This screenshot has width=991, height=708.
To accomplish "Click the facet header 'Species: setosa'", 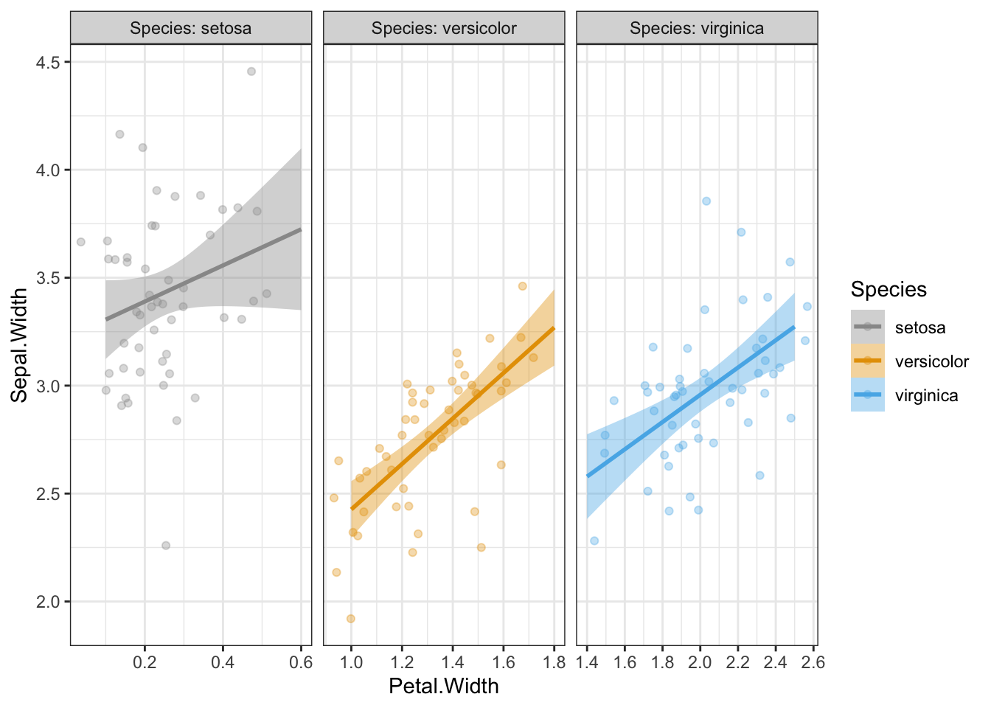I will pyautogui.click(x=190, y=29).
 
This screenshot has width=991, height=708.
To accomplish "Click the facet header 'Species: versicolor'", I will pyautogui.click(x=444, y=29).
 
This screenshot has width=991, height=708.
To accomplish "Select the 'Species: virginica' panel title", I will pyautogui.click(x=696, y=29).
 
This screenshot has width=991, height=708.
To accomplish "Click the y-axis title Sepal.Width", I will pyautogui.click(x=20, y=345).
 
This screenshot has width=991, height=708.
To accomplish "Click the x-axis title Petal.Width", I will pyautogui.click(x=444, y=687).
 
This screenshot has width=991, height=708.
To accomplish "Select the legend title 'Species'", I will pyautogui.click(x=889, y=289).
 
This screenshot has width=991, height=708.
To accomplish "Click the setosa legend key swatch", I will pyautogui.click(x=867, y=327).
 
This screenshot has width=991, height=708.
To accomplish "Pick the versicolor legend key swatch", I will pyautogui.click(x=867, y=361).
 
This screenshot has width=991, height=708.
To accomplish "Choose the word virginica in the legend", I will pyautogui.click(x=926, y=395).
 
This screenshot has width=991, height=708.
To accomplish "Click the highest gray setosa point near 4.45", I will pyautogui.click(x=251, y=72).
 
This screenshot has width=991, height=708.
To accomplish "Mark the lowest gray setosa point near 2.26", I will pyautogui.click(x=166, y=546).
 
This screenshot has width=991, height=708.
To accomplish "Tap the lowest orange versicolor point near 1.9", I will pyautogui.click(x=351, y=619).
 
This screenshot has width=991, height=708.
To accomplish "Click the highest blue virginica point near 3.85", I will pyautogui.click(x=706, y=201).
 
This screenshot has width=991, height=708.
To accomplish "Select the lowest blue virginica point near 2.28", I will pyautogui.click(x=594, y=541).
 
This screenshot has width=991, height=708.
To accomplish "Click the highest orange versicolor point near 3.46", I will pyautogui.click(x=523, y=286).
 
